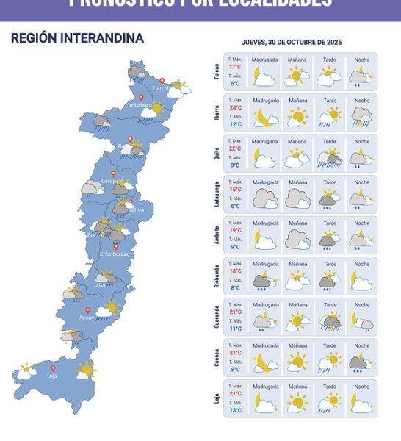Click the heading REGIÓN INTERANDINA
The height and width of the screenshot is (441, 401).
[x=77, y=38]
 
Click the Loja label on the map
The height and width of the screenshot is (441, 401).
[x=52, y=376]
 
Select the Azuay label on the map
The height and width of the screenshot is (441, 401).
[x=87, y=318]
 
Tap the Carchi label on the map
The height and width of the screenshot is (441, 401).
[x=161, y=88]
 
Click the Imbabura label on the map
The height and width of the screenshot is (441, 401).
[x=140, y=105]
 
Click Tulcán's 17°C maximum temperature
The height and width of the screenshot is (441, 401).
[x=235, y=67]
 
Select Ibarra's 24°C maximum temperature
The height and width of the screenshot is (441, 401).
[x=235, y=107]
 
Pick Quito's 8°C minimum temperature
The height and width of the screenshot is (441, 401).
[x=235, y=165]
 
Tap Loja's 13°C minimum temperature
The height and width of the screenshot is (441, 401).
[x=235, y=410]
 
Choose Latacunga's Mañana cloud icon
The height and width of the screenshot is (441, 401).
[x=297, y=198]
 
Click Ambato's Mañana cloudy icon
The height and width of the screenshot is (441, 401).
[x=297, y=239]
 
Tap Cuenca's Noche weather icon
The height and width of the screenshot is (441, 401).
[x=361, y=362]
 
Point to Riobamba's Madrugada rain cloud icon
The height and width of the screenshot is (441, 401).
[x=264, y=281]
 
